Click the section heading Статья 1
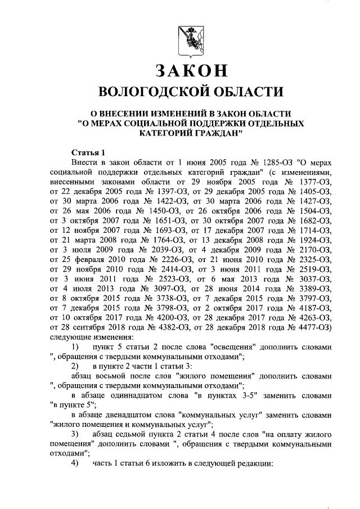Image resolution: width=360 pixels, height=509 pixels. point(89,152)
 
